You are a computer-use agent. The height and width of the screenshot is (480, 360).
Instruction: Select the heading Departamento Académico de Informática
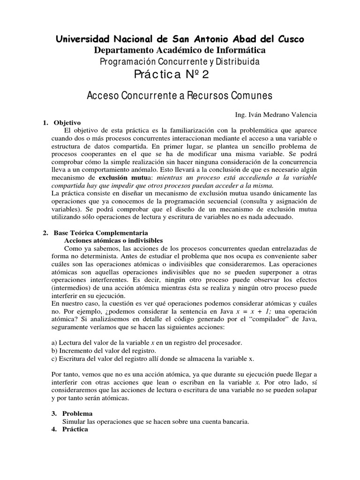pos(180,50)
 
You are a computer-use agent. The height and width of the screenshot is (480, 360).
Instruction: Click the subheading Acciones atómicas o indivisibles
pos(113,240)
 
